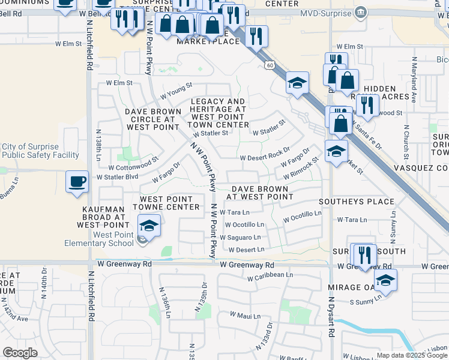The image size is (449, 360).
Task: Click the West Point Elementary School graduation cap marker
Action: tap(149, 226)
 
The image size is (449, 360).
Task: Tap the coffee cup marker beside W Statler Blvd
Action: tap(77, 181)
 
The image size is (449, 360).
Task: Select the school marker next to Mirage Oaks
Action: tap(385, 280)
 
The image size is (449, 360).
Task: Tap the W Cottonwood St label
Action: tap(133, 160)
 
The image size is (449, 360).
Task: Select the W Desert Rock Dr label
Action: tap(265, 157)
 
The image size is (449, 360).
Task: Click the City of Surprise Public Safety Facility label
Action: tap(40, 151)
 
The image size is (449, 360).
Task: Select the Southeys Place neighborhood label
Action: tap(357, 202)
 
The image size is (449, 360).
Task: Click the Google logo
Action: tap(20, 353)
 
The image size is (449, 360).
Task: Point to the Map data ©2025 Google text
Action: tap(412, 355)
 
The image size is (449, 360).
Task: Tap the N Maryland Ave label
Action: tap(414, 79)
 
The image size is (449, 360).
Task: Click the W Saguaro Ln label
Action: tap(244, 237)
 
